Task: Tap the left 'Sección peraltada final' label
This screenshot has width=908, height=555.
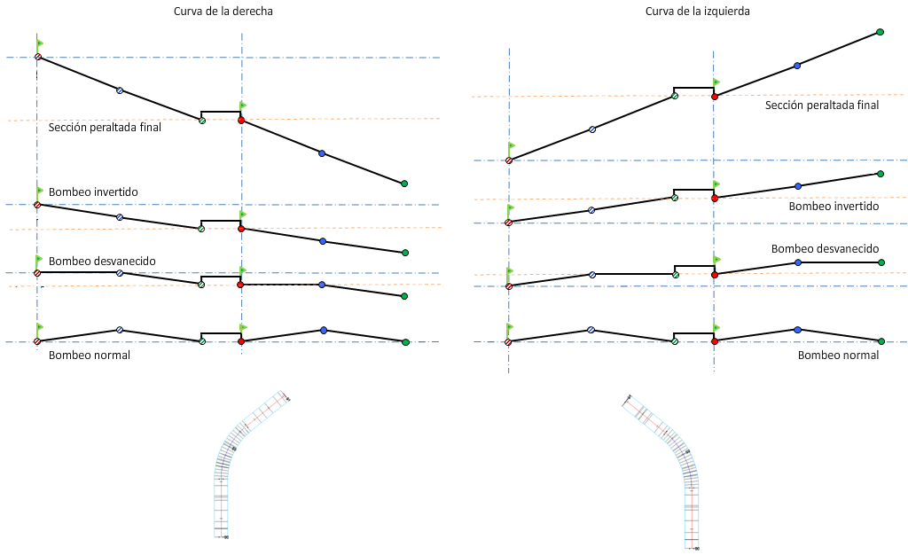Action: [105, 128]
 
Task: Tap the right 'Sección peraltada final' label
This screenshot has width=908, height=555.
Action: [822, 106]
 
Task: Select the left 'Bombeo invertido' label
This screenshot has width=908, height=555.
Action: [93, 192]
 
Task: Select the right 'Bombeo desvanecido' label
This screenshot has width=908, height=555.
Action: [825, 249]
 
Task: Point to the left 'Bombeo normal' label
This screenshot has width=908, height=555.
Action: [90, 356]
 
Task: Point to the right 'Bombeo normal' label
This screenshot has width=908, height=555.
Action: [838, 355]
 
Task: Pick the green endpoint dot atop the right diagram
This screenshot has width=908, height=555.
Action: [880, 32]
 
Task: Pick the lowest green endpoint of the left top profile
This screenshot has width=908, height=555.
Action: [404, 184]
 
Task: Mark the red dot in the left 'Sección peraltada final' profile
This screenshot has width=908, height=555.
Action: [240, 120]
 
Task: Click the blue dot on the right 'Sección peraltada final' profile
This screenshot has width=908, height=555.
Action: [797, 66]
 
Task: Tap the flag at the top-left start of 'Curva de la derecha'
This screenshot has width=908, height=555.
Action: [40, 43]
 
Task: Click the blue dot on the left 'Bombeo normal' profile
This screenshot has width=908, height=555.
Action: [323, 330]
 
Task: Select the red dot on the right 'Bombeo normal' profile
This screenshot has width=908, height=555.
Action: [714, 341]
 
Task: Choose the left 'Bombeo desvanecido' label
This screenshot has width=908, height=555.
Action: [102, 262]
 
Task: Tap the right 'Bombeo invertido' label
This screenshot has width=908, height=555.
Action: [833, 206]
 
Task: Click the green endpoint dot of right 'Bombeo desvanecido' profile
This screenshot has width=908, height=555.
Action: [881, 262]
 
